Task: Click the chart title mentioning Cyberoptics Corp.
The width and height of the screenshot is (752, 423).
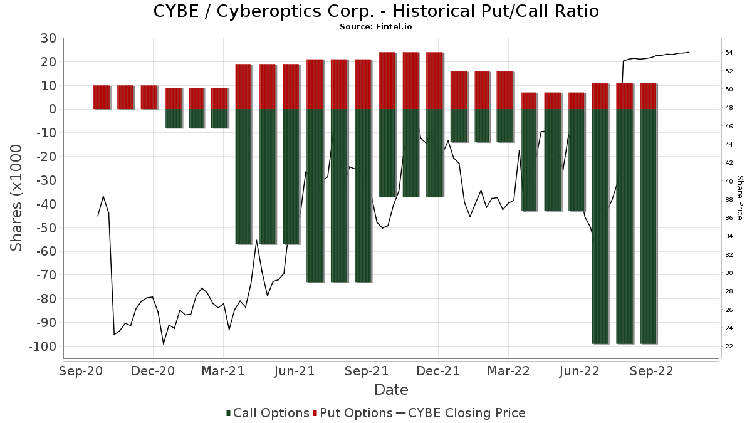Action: pos(376,11)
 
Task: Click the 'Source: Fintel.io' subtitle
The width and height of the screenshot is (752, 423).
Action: pos(376,27)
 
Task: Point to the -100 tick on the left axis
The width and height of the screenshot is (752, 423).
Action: pos(42,347)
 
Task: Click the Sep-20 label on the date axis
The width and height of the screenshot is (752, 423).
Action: pos(81,371)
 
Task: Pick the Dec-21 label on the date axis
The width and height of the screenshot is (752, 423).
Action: pos(439,371)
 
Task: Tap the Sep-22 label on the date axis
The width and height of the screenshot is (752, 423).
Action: pos(652,371)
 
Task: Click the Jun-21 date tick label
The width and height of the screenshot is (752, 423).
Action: pos(295,371)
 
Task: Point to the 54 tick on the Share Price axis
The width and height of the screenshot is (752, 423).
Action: pos(729,53)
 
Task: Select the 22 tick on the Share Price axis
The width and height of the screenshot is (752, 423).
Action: pos(729,347)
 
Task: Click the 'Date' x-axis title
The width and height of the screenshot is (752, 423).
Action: pos(391,390)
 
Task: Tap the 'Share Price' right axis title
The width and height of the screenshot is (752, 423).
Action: pos(739,197)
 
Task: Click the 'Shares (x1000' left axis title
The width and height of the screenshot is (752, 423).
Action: pos(16,197)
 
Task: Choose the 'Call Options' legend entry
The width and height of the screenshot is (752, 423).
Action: pos(268,413)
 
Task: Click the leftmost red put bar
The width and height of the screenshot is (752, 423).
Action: pos(102,97)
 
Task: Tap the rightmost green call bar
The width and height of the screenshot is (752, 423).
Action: pos(649,226)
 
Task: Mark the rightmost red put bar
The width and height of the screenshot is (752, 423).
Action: pos(649,96)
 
